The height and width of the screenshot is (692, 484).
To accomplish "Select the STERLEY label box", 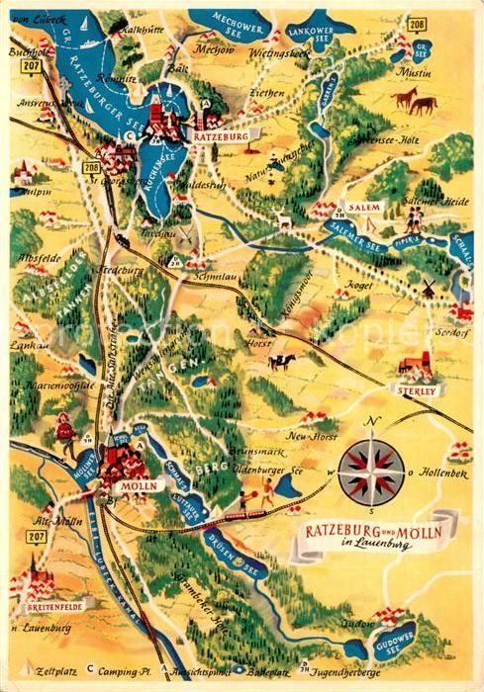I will coord(419,390).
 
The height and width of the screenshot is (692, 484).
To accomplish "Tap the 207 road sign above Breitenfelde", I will coord(36,536).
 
